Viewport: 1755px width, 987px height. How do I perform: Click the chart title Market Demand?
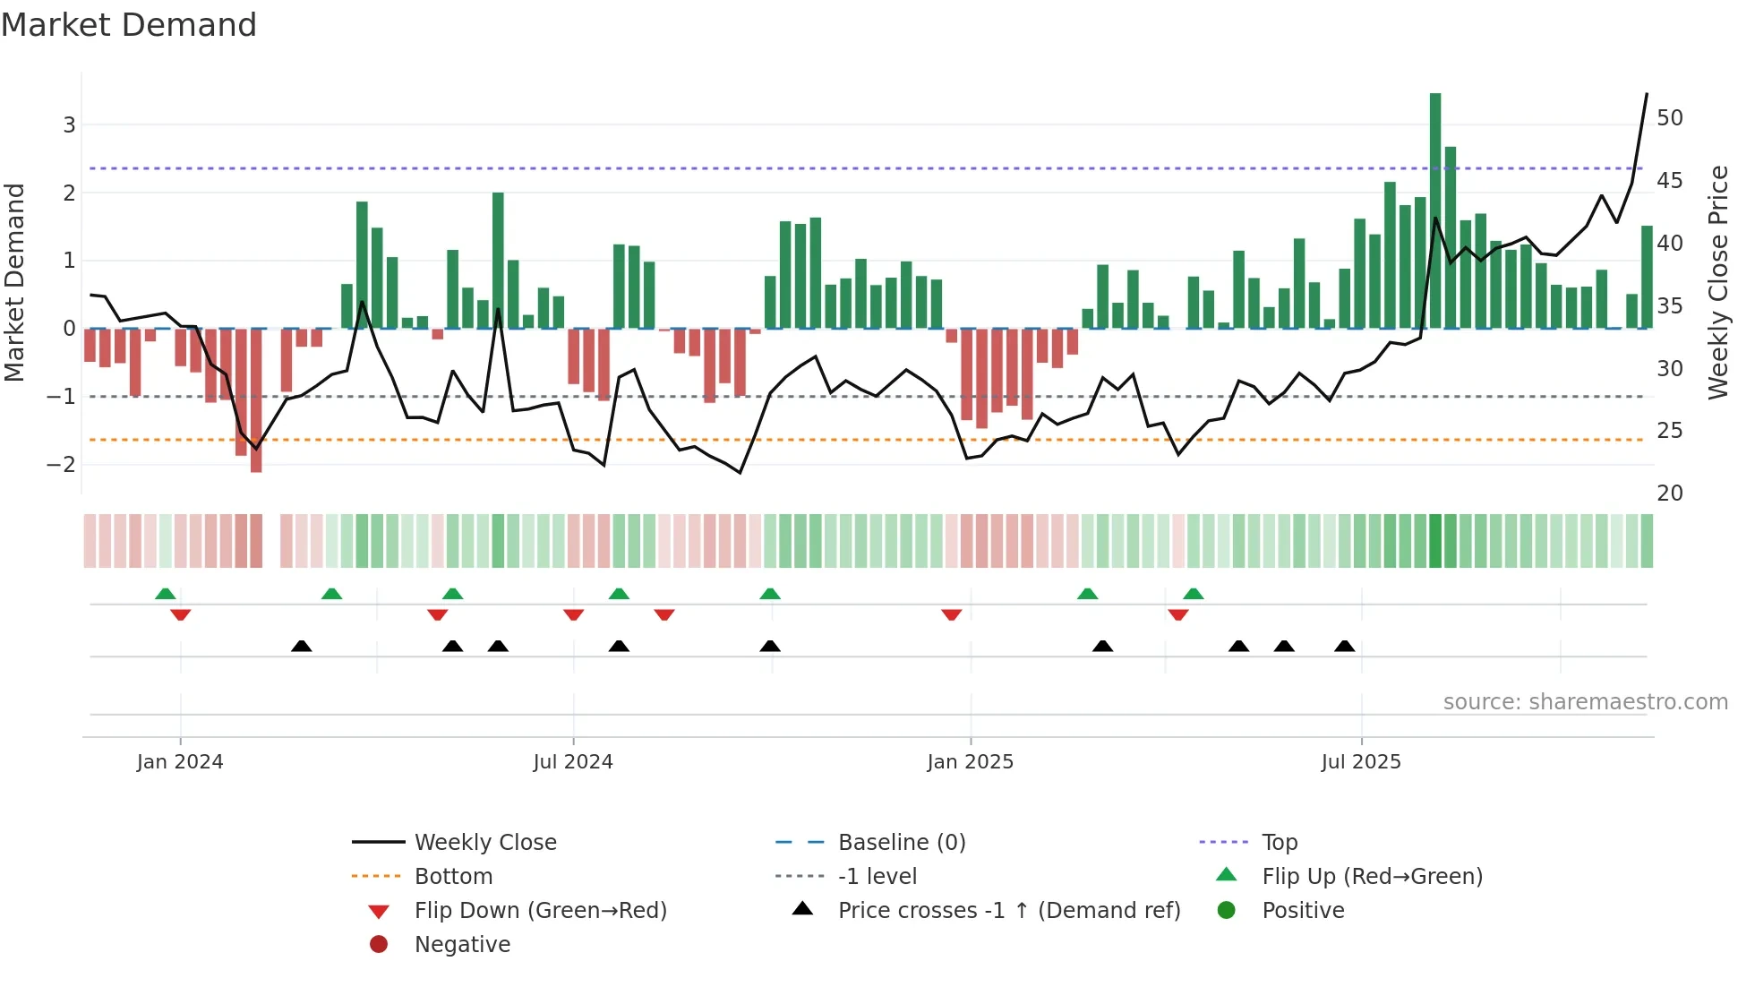129,25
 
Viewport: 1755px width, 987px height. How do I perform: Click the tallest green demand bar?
1435,210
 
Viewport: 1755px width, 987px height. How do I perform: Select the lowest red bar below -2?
256,400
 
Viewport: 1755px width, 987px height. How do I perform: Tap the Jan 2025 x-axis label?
970,762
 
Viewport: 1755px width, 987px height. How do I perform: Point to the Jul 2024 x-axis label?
573,762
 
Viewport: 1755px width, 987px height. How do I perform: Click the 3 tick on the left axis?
69,124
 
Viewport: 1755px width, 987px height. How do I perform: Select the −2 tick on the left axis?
62,464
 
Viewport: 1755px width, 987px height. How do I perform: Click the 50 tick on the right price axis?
1669,118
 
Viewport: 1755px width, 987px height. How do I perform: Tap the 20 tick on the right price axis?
1669,493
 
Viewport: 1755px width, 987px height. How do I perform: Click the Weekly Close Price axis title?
1717,282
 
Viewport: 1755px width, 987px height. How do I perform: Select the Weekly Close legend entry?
484,843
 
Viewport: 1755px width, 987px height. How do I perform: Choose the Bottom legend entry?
453,877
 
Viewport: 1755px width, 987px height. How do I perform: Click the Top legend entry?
1279,843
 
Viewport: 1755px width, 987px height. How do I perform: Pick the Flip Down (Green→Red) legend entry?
540,911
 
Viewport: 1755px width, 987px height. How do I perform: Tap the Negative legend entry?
462,945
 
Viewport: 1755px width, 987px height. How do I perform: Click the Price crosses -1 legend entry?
1008,911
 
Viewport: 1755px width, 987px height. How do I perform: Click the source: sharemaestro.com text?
1585,702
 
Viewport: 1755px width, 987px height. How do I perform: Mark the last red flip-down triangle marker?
1178,614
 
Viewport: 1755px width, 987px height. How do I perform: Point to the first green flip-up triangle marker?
165,594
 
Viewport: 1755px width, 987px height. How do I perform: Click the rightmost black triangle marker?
1344,646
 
